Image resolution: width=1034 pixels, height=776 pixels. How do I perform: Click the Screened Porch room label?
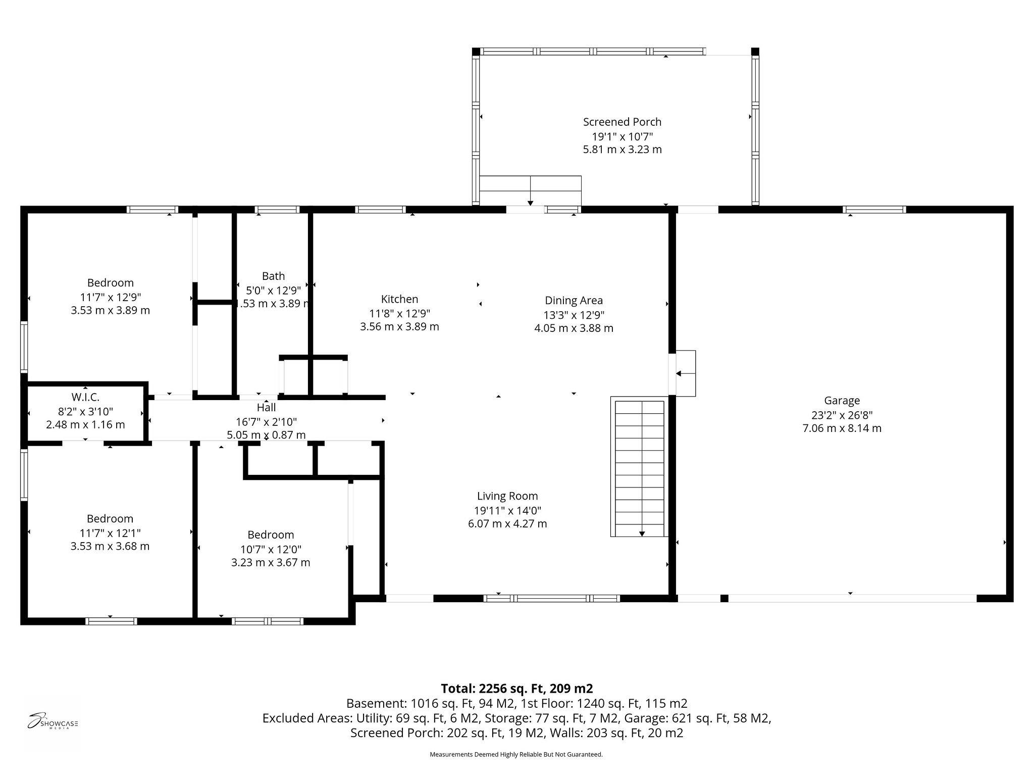(x=622, y=122)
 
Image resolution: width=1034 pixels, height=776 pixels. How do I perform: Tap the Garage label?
(x=842, y=401)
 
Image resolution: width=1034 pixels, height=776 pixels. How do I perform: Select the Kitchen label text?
(x=399, y=299)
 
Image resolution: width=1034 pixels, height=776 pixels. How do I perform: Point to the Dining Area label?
(x=574, y=301)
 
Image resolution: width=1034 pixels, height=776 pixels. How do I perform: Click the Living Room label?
(x=507, y=496)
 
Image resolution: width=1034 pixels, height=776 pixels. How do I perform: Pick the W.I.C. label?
(x=85, y=397)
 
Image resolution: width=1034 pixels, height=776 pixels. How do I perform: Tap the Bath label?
(x=273, y=276)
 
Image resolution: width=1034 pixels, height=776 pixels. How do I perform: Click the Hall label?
(x=266, y=407)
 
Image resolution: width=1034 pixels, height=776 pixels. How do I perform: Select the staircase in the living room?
(x=640, y=467)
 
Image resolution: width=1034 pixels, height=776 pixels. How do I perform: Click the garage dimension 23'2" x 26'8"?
(x=842, y=415)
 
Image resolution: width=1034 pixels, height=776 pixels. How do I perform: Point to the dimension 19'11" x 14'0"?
(x=507, y=510)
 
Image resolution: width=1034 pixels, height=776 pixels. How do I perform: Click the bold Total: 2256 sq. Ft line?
(x=516, y=689)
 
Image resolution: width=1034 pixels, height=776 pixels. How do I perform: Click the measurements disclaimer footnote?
(x=516, y=755)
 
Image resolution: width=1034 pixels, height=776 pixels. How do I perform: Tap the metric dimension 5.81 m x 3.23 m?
(x=622, y=150)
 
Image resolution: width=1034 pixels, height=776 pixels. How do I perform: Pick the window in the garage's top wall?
(x=874, y=210)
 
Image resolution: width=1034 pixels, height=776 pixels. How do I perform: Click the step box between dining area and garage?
(x=685, y=373)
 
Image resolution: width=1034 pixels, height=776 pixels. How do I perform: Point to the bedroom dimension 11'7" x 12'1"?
(x=110, y=533)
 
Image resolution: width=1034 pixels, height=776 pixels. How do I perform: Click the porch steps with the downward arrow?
(x=530, y=191)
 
